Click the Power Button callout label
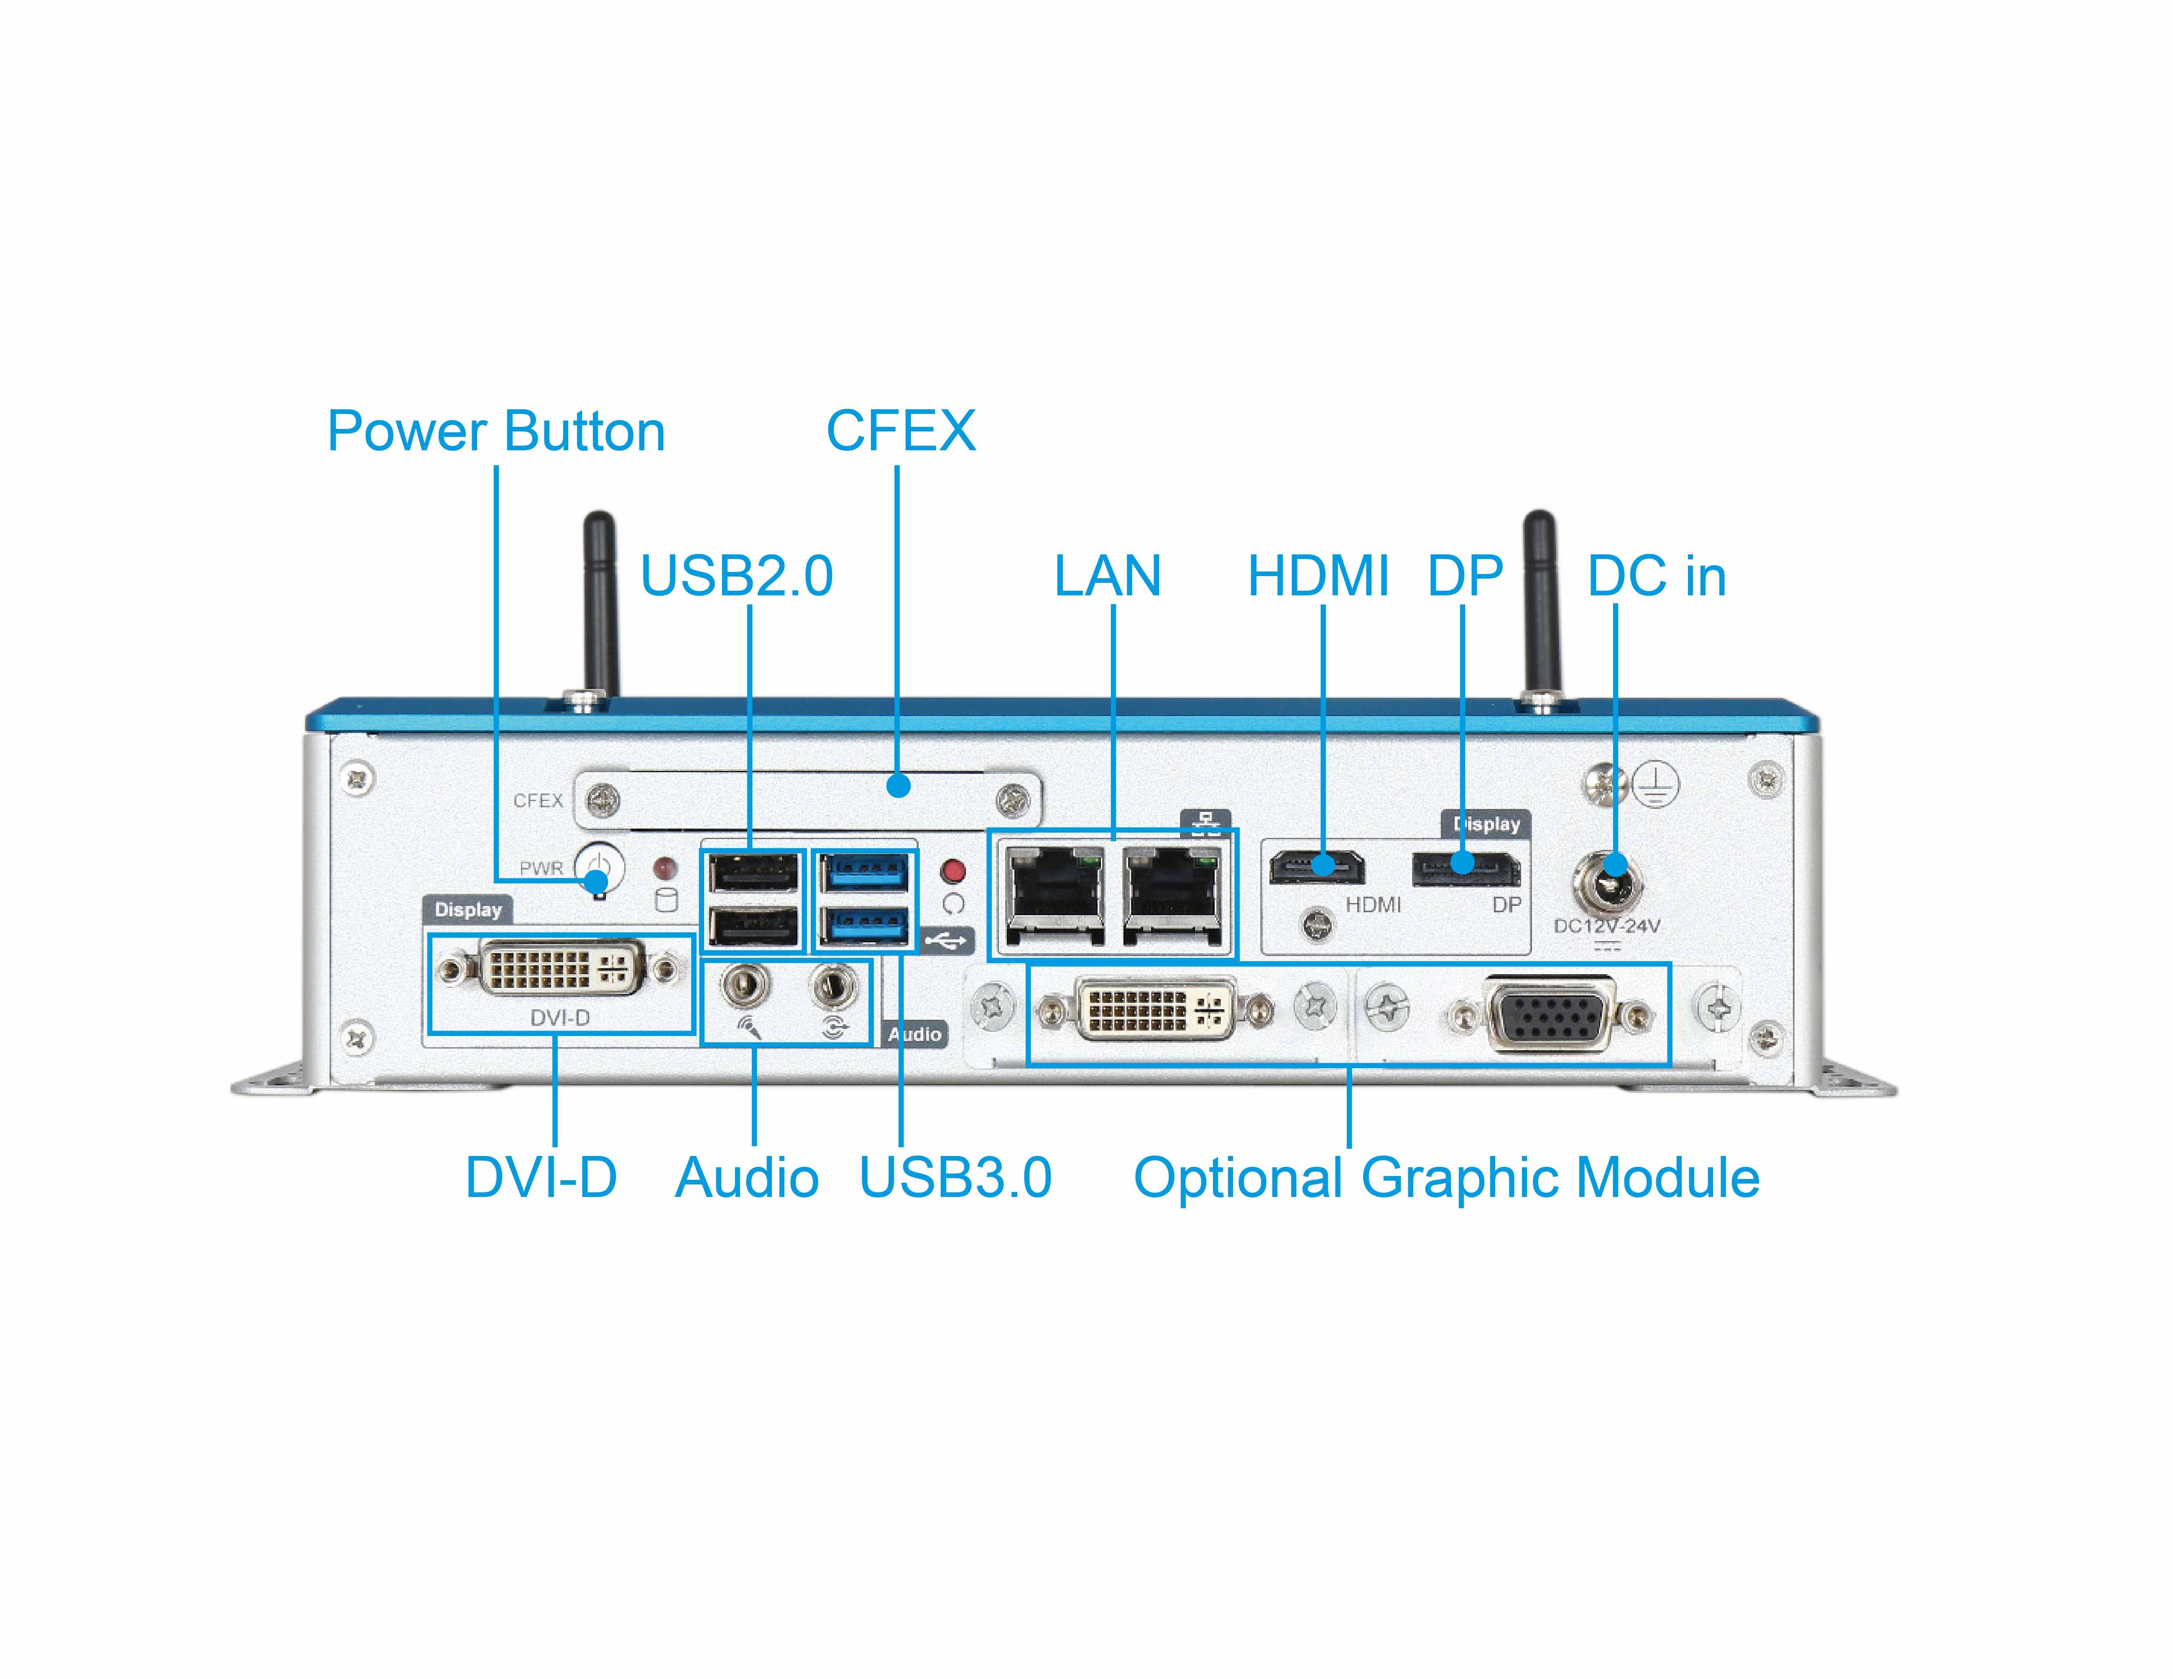coord(495,432)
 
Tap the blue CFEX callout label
coord(901,432)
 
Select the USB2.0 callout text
coord(736,576)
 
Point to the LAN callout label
coord(1107,576)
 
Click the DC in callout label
coord(1656,576)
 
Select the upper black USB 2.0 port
coord(753,874)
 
